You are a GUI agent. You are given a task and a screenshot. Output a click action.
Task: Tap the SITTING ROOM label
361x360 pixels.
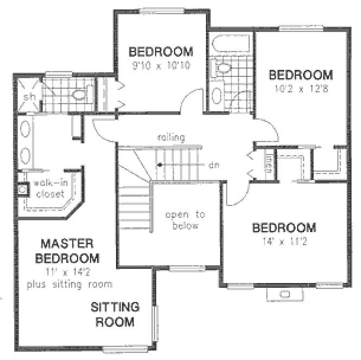tap(114, 314)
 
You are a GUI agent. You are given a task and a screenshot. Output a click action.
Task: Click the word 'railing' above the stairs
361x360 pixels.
tap(172, 138)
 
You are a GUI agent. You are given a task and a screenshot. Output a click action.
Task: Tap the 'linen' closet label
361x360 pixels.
tap(268, 163)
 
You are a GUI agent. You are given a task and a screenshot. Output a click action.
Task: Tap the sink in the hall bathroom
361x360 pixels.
tap(216, 95)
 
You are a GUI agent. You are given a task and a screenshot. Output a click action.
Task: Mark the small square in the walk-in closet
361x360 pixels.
tap(22, 189)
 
